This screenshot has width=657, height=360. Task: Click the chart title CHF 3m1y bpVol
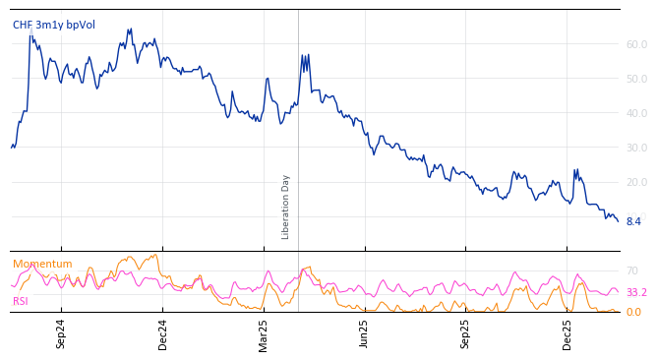pos(54,26)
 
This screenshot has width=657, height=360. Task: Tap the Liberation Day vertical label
pos(286,207)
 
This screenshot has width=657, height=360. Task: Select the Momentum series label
pos(42,264)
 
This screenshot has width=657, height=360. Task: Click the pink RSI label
pos(21,301)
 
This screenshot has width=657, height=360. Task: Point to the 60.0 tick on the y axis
pos(636,44)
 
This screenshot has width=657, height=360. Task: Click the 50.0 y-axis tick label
pos(636,79)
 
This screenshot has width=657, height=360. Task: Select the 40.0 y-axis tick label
pos(636,113)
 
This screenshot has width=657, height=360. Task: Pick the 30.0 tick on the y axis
pos(636,148)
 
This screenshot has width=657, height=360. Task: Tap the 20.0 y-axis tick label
pos(636,182)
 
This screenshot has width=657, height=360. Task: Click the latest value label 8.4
pos(633,221)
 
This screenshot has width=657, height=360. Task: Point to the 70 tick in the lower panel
pos(632,270)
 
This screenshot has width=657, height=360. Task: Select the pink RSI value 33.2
pos(636,293)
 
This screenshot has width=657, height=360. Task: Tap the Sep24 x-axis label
pos(61,333)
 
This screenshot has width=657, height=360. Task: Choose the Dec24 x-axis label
pos(163,333)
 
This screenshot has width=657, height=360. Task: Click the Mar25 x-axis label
pos(264,333)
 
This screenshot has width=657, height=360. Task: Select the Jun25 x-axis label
pos(365,333)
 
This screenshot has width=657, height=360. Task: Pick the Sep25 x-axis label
pos(466,333)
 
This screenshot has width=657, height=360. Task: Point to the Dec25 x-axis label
pos(567,333)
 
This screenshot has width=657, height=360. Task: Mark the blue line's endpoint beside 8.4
pos(618,221)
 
